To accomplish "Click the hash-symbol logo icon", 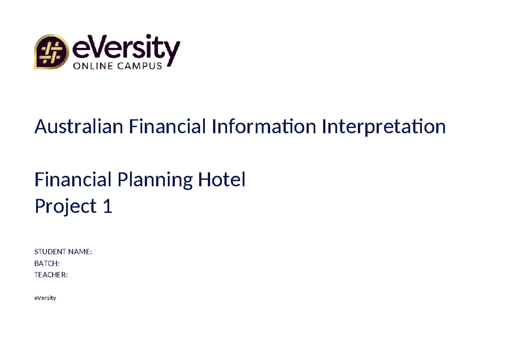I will (x=51, y=52).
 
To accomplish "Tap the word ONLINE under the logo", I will (x=94, y=66).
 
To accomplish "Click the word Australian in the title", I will (x=79, y=126).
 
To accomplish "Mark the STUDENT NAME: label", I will (x=63, y=252).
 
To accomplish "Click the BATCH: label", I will (x=47, y=263).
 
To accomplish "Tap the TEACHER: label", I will (x=51, y=275).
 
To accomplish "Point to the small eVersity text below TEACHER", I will (x=45, y=298).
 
